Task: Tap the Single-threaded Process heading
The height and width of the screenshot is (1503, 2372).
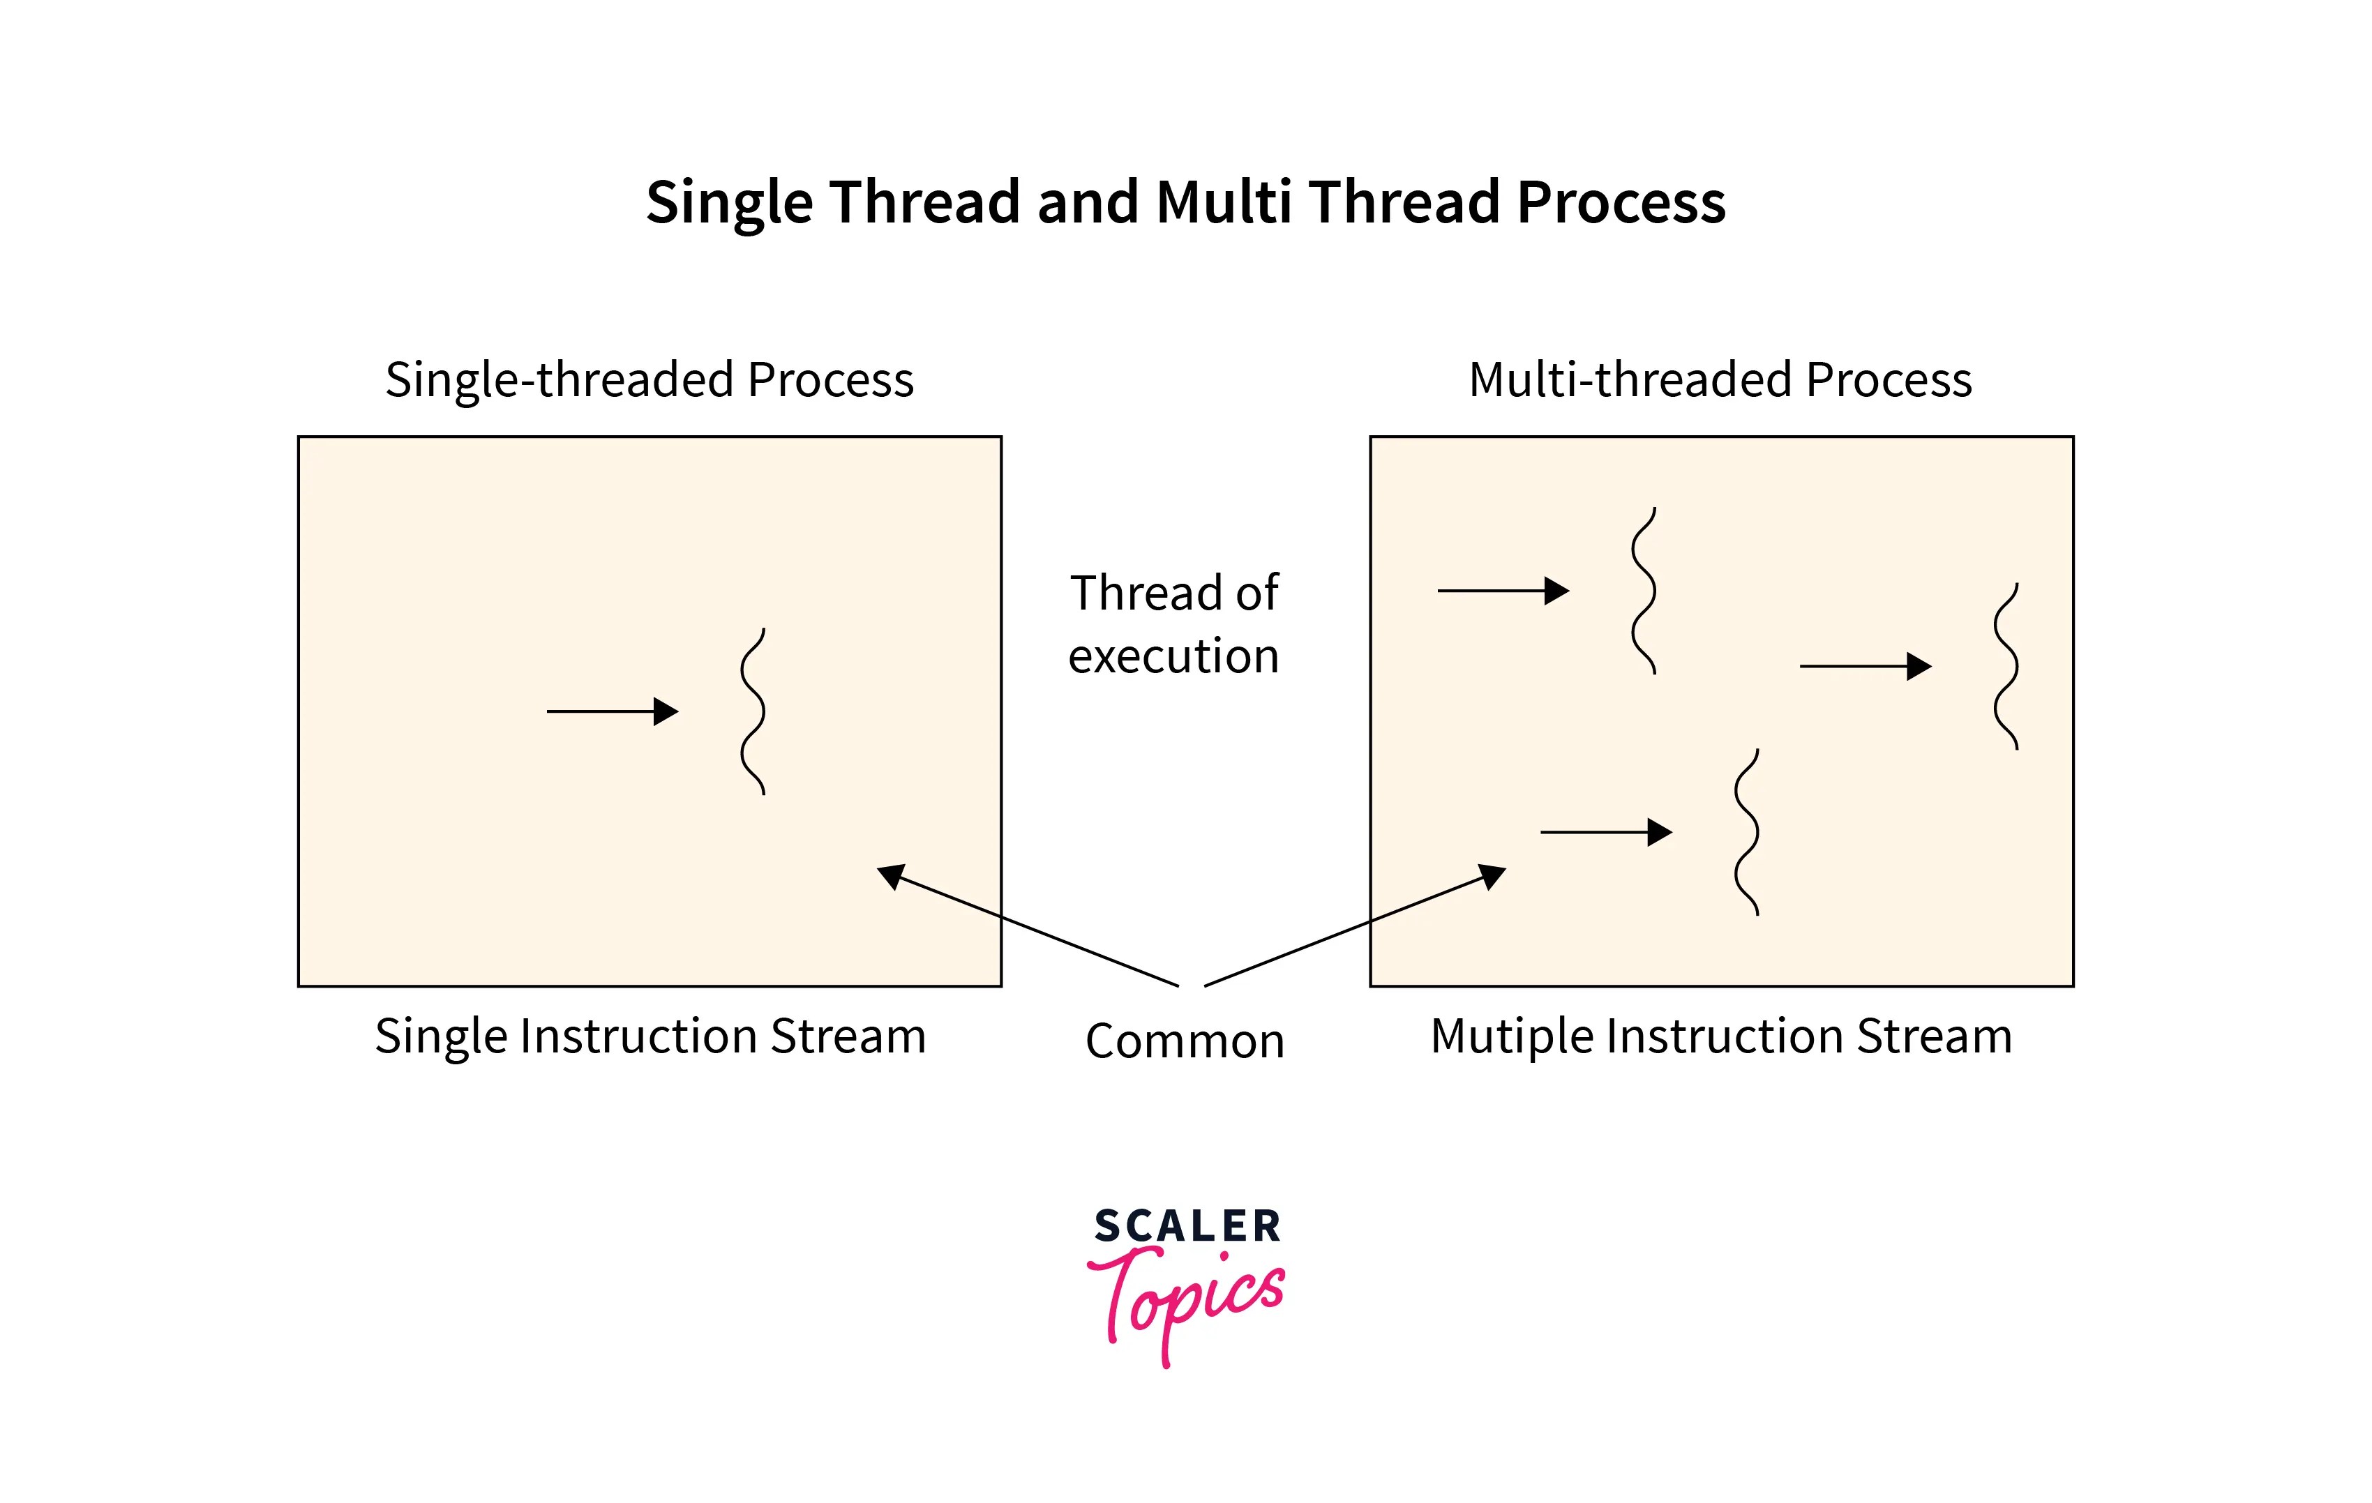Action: pos(649,380)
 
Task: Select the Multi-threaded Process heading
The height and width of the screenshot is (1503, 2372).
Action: pos(1720,380)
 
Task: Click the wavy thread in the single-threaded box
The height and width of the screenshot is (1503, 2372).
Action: pos(753,711)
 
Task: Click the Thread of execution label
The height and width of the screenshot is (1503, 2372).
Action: pos(1174,624)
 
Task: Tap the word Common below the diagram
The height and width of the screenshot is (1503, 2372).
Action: pos(1185,1041)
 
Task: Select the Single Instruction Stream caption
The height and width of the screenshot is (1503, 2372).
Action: pos(650,1036)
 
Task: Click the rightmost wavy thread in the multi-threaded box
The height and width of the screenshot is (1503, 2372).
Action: pos(2006,667)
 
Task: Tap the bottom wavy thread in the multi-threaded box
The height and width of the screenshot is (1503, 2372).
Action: pos(1746,832)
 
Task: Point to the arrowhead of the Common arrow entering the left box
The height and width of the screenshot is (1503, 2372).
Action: pos(890,875)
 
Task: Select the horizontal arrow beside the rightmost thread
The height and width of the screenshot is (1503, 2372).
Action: pos(1865,667)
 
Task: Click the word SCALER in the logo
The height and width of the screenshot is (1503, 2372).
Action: pos(1187,1226)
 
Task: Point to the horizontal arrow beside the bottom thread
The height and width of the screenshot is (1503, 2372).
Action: pos(1605,832)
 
